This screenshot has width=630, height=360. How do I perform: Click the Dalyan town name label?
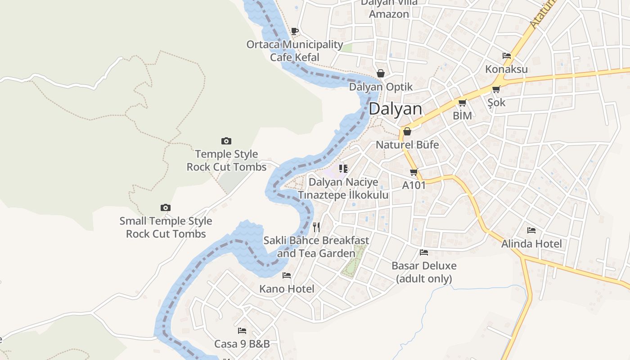coord(396,109)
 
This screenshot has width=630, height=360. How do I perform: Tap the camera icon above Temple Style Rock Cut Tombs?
coord(226,141)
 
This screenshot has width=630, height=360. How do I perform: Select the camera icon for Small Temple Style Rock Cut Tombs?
coord(166,207)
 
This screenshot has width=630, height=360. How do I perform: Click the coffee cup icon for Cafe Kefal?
coord(295,31)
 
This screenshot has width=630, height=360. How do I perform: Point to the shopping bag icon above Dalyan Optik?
coord(381,73)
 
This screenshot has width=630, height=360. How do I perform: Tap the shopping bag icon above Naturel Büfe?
coord(407,131)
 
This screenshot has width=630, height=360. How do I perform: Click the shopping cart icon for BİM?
coord(462,103)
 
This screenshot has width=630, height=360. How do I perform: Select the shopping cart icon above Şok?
coord(496,90)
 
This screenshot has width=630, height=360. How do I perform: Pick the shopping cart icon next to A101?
coord(414,172)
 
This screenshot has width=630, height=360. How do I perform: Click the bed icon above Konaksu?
coord(507,56)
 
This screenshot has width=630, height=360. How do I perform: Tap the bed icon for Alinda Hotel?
coord(531,230)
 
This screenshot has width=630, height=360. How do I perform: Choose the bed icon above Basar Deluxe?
coord(424,252)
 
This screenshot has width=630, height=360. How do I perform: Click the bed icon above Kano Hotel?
coord(287,275)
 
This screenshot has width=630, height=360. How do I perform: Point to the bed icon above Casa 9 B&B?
coord(242,331)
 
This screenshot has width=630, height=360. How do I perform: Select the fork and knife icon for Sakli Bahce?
coord(316,227)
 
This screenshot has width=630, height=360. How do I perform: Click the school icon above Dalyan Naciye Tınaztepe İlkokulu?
coord(343,169)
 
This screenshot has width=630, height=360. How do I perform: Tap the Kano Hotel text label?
coord(287,288)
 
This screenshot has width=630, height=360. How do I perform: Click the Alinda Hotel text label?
coord(531,243)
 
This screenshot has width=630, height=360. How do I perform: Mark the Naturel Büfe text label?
coord(407,145)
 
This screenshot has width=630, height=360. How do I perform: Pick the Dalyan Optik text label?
coord(381,87)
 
